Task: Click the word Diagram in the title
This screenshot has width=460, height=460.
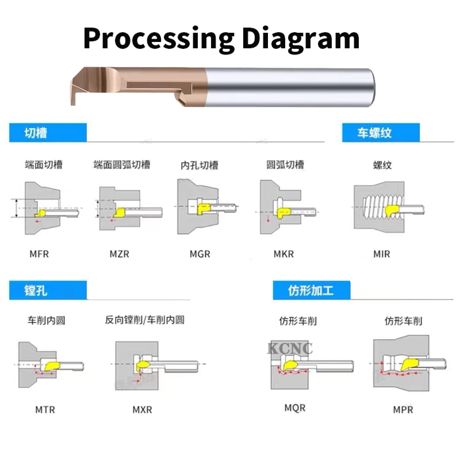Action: (301, 39)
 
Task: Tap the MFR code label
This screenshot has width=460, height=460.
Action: (39, 254)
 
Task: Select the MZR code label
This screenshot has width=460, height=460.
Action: (120, 254)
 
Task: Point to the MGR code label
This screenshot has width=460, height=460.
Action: (200, 254)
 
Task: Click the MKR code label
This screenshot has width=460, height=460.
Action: (284, 254)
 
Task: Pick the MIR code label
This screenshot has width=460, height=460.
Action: (382, 254)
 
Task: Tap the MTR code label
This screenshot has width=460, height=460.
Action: (45, 410)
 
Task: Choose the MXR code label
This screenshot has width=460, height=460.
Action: (142, 410)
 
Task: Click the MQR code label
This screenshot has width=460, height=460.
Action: (295, 408)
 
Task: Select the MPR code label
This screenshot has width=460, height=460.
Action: (403, 410)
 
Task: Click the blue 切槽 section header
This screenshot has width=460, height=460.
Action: (48, 133)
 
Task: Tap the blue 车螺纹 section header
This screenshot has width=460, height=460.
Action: (381, 133)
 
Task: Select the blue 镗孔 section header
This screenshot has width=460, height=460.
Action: (48, 290)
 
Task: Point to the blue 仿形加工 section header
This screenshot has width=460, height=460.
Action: (312, 290)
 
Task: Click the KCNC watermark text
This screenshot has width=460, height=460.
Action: (290, 348)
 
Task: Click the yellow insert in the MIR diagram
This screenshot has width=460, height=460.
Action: (392, 211)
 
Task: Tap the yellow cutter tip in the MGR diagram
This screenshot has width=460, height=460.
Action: (204, 208)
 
